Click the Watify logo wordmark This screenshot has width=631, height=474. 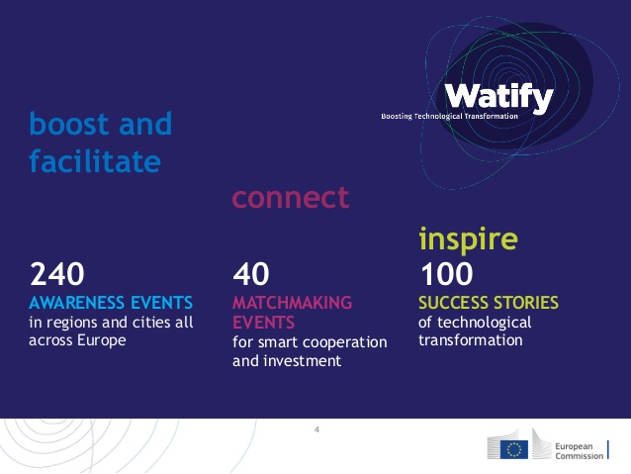pos(499,97)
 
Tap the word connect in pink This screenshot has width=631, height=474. pos(291,197)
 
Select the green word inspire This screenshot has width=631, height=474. pos(468,238)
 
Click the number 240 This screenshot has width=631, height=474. pos(56,274)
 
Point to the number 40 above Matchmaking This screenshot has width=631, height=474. pos(250,274)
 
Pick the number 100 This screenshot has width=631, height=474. pos(447,274)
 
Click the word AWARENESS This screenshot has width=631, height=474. pos(76,303)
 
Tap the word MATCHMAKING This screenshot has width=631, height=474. pos(292,303)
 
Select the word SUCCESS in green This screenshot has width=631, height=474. pos(453,303)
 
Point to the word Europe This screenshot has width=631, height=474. pos(102,340)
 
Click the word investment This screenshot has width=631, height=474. pos(303,361)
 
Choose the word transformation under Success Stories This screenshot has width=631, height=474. pos(471,340)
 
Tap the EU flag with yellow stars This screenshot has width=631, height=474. pos(514,449)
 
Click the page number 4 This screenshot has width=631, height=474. pos(316,429)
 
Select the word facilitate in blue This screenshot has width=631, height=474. pos(95,160)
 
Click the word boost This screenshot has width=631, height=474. pos(69,124)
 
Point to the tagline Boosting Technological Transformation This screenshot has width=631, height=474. pos(449,117)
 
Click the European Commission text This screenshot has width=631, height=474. pos(580,451)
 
